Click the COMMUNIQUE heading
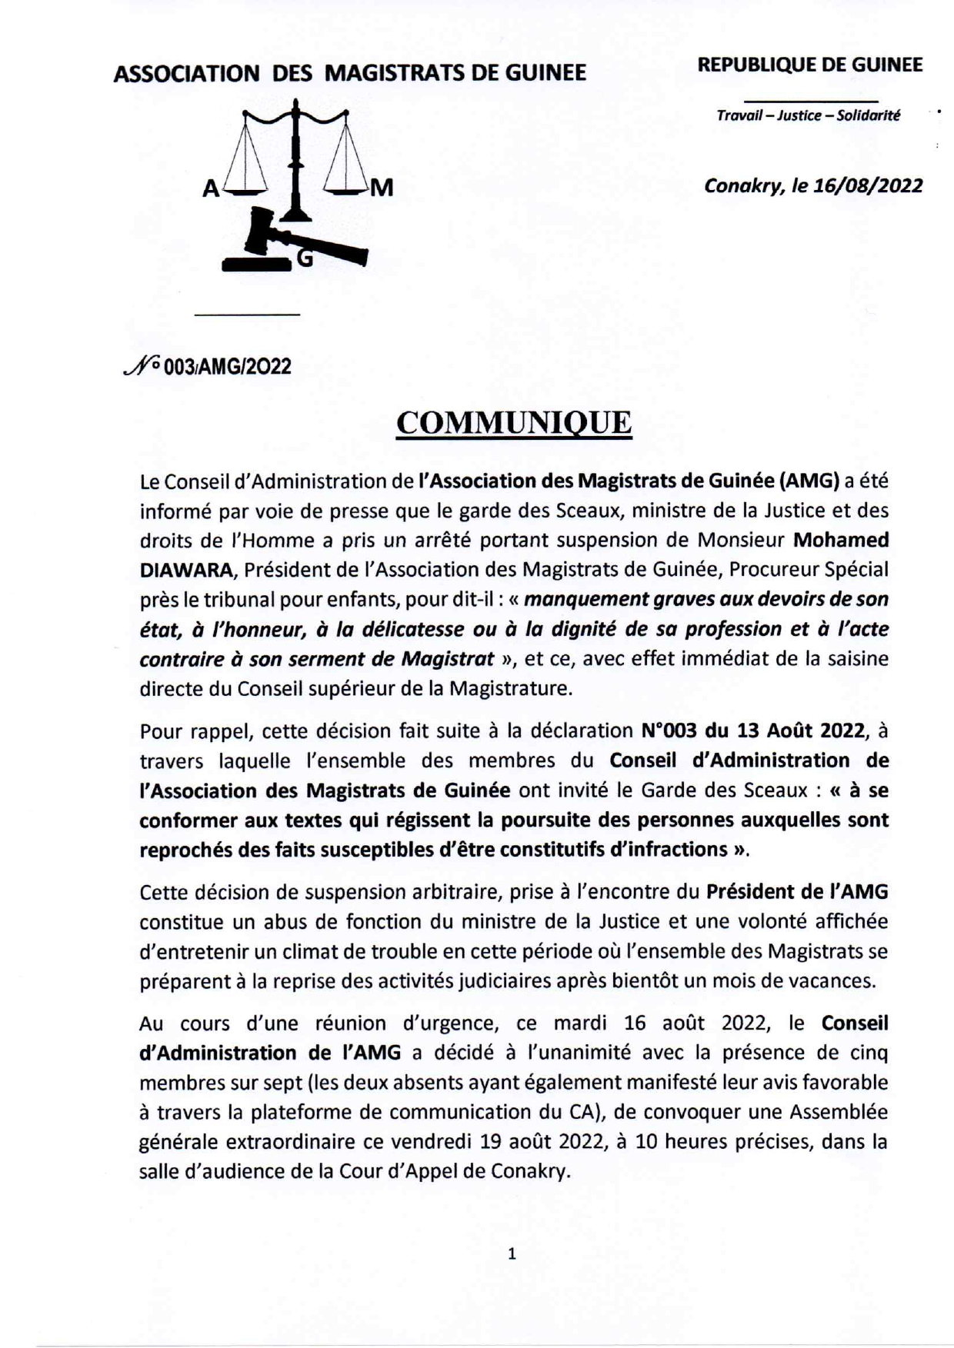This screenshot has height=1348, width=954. point(513,424)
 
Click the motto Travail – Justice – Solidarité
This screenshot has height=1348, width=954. point(808,116)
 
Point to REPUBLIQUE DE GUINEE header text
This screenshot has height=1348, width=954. point(809,65)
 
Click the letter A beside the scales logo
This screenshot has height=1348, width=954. point(210,189)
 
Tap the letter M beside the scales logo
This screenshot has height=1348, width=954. point(382,188)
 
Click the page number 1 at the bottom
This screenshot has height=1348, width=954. point(512,1254)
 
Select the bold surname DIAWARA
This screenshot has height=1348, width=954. point(173,570)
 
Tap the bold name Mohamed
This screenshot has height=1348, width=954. point(841,540)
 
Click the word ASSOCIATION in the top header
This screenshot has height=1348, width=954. point(186,74)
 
